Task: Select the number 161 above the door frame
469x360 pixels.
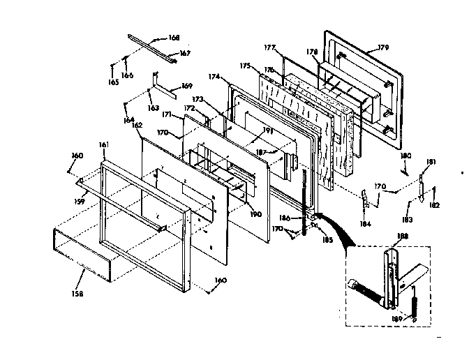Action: click(x=104, y=144)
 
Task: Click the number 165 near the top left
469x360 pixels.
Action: click(x=112, y=82)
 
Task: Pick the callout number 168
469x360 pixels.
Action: click(x=174, y=38)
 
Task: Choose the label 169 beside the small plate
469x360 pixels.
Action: click(x=186, y=86)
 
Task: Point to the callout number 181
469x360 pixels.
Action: click(x=431, y=162)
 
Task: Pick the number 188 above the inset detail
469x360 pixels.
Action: click(x=403, y=236)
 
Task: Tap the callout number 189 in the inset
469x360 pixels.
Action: click(x=399, y=320)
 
